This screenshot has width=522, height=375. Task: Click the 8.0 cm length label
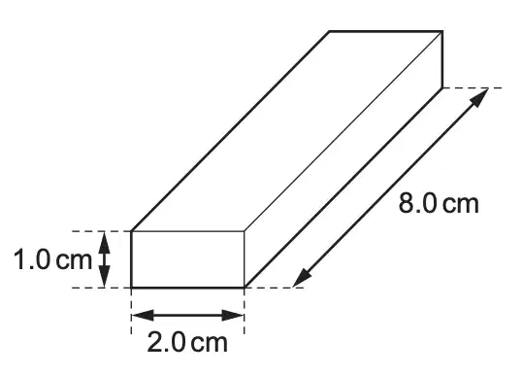[439, 203]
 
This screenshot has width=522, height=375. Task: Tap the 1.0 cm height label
[52, 260]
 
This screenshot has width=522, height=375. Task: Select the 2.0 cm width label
[187, 342]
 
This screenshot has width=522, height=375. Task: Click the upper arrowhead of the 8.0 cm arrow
[480, 97]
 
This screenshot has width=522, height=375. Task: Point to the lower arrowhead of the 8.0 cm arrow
[302, 278]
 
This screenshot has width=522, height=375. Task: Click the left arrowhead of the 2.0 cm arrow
[143, 315]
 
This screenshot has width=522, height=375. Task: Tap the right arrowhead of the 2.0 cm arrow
[233, 315]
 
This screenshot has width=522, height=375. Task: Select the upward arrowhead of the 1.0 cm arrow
[105, 243]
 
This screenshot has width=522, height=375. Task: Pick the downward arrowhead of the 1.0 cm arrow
[105, 276]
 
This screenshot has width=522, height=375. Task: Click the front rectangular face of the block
[188, 259]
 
